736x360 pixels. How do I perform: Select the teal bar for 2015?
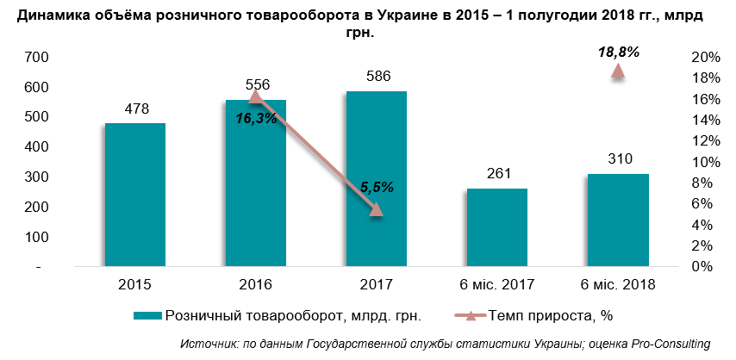pyautogui.click(x=135, y=196)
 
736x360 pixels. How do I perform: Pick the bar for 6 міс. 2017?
pyautogui.click(x=497, y=228)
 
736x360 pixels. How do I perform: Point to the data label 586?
pyautogui.click(x=377, y=77)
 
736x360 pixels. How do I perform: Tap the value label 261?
pyautogui.click(x=497, y=174)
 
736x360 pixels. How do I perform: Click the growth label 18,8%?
pyautogui.click(x=618, y=53)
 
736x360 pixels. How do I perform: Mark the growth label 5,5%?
pyautogui.click(x=377, y=186)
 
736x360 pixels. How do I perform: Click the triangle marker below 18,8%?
pyautogui.click(x=618, y=71)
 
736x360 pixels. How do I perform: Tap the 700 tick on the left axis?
pyautogui.click(x=38, y=58)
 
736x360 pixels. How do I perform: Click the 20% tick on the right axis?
pyautogui.click(x=705, y=58)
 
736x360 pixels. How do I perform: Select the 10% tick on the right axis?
pyautogui.click(x=705, y=163)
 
